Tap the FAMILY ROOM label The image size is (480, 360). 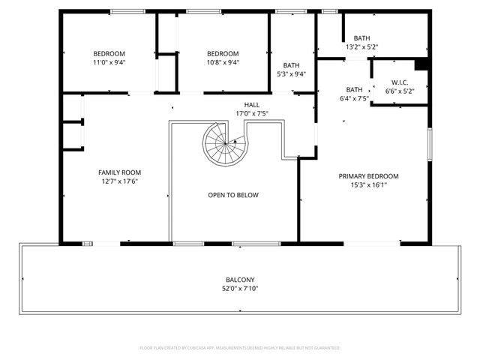pos(120,172)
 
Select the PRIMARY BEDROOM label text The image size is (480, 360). pos(368,176)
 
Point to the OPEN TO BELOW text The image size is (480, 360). pos(233,195)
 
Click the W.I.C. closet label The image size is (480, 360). pos(399,82)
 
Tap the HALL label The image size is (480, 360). pos(251,105)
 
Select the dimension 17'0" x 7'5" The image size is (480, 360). pos(251,114)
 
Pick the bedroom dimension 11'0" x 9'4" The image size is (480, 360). pos(109,63)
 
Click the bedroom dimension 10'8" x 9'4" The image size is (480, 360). pos(223,63)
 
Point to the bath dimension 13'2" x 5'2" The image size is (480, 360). pos(361,47)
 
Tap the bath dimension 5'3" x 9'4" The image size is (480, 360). pos(291,74)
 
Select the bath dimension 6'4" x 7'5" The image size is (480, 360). pos(354,98)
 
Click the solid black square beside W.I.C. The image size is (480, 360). pos(421,64)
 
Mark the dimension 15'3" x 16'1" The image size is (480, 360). pos(368,185)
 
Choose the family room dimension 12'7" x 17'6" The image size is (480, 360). pos(120,181)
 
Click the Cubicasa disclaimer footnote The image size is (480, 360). pos(240,348)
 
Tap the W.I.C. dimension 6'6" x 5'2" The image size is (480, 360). pos(399,91)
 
